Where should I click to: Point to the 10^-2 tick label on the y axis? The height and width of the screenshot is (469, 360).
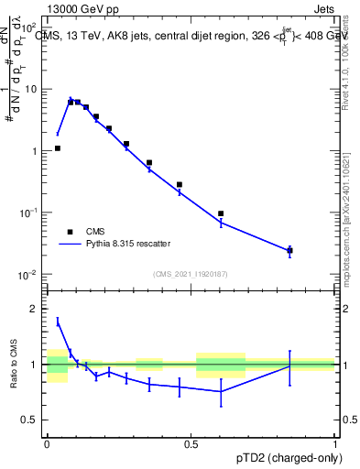pyautogui.click(x=28, y=275)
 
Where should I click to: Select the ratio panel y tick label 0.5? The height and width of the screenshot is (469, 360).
pyautogui.click(x=30, y=420)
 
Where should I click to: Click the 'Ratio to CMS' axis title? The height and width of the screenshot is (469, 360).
pyautogui.click(x=14, y=365)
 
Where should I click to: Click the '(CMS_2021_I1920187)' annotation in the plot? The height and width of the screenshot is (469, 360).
pyautogui.click(x=190, y=274)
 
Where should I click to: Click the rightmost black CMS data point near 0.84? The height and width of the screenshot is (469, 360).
pyautogui.click(x=289, y=250)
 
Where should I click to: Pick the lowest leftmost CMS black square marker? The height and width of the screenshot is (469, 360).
pyautogui.click(x=58, y=147)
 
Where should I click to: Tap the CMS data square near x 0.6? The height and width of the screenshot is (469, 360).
pyautogui.click(x=221, y=213)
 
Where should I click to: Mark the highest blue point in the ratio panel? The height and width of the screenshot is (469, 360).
pyautogui.click(x=58, y=321)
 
